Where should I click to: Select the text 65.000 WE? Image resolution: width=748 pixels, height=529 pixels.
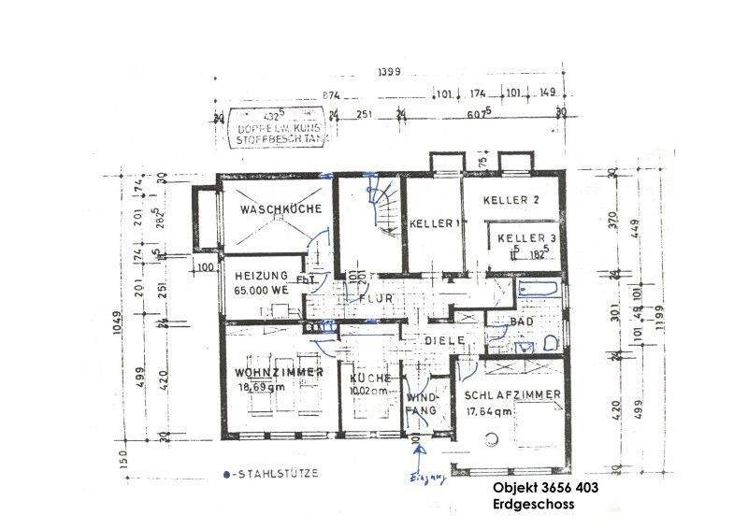264,291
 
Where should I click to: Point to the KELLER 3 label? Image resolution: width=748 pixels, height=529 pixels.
526,238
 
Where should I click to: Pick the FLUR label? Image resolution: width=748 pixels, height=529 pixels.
374,299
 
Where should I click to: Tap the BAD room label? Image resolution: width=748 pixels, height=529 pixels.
523,322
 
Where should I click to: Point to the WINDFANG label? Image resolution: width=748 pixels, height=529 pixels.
420,404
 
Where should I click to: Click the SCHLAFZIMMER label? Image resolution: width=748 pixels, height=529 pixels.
512,394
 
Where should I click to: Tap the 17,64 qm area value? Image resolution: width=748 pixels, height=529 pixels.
488,410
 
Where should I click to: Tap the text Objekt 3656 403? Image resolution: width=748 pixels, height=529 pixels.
544,489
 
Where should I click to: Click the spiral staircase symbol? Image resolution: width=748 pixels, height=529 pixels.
384,208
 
